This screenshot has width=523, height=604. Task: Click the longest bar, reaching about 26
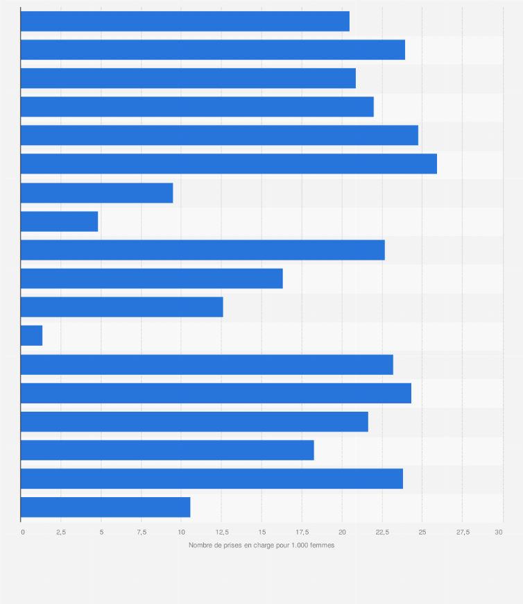point(229,164)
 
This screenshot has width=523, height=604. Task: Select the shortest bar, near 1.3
point(31,335)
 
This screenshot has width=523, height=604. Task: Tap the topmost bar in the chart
point(185,22)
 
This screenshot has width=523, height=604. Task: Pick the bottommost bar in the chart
point(105,507)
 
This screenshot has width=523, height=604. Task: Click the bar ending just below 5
point(59,221)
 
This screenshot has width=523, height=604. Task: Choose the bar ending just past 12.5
point(121,307)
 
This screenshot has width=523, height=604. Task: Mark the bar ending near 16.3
point(151,278)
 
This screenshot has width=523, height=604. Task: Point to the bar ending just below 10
point(96,193)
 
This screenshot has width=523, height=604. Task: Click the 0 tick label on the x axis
point(23,532)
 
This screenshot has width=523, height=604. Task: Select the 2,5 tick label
point(61,532)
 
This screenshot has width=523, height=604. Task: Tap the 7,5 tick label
point(142,532)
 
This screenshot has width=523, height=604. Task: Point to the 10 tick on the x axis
point(181,532)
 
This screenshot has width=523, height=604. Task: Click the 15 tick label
point(261,532)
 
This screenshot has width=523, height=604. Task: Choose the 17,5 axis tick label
point(302,532)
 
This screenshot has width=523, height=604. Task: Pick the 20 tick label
point(341,532)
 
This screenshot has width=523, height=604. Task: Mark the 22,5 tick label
point(382,532)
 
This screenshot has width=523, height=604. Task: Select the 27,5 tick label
point(463,532)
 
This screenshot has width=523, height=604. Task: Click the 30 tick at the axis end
point(498,532)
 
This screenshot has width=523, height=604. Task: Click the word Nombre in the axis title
point(200,545)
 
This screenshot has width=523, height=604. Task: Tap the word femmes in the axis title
point(322,545)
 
